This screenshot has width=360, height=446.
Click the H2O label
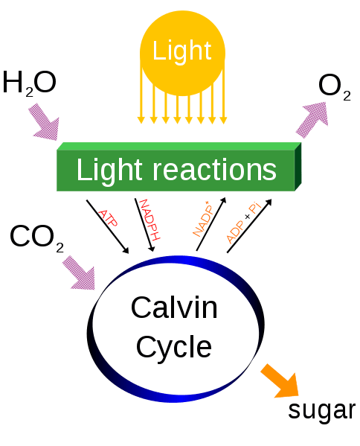click(29, 83)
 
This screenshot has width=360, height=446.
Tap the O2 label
click(335, 87)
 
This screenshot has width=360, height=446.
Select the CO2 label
click(36, 238)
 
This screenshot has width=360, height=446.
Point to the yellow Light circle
click(182, 53)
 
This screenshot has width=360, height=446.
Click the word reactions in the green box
click(215, 170)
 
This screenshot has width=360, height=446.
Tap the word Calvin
click(174, 308)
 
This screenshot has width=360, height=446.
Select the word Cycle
click(174, 348)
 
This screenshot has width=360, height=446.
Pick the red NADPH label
click(150, 220)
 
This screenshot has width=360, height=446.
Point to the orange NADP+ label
click(203, 218)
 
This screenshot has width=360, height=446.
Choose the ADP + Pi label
click(243, 223)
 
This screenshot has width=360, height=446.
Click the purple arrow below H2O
click(45, 122)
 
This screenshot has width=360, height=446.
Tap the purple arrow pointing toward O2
click(312, 119)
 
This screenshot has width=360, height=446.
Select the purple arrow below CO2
click(80, 273)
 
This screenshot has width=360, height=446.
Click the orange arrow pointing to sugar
click(280, 381)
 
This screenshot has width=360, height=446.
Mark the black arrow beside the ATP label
click(108, 226)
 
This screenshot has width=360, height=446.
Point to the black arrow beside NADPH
click(144, 225)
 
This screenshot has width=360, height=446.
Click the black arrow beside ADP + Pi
click(249, 226)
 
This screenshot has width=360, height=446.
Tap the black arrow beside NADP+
click(211, 224)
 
